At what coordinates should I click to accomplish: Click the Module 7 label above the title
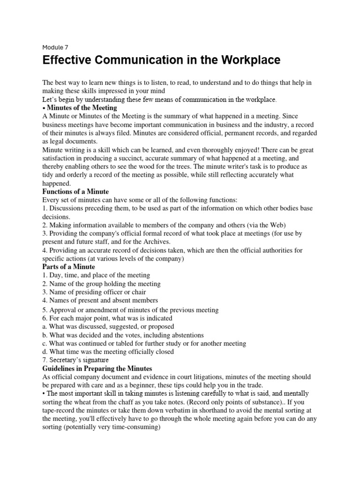click(x=55, y=47)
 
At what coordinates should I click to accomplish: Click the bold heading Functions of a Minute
click(x=75, y=192)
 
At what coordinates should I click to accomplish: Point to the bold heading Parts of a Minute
click(x=68, y=267)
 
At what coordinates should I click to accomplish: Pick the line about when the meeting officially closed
click(x=108, y=352)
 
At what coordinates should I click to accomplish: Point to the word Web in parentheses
click(x=275, y=225)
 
